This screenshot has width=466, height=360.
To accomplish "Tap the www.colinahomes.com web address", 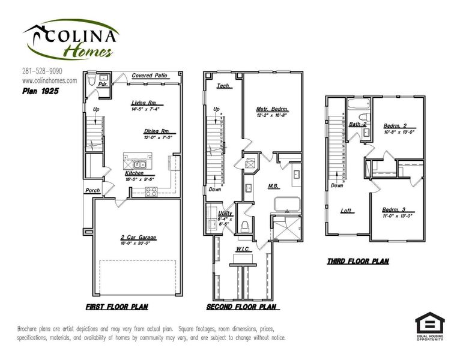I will click(x=49, y=80).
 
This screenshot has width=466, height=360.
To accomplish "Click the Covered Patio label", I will click(x=149, y=76).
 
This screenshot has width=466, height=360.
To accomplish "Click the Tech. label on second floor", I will click(x=223, y=86).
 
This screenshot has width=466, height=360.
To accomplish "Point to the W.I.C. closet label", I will click(x=243, y=250).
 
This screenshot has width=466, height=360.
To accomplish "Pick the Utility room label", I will click(x=225, y=213).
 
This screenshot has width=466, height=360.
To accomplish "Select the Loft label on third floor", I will click(x=346, y=211).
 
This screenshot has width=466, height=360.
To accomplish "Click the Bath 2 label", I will click(x=358, y=124).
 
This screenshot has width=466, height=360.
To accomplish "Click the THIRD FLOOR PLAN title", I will click(x=358, y=261).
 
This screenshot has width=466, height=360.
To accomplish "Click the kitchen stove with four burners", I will click(x=151, y=192).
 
